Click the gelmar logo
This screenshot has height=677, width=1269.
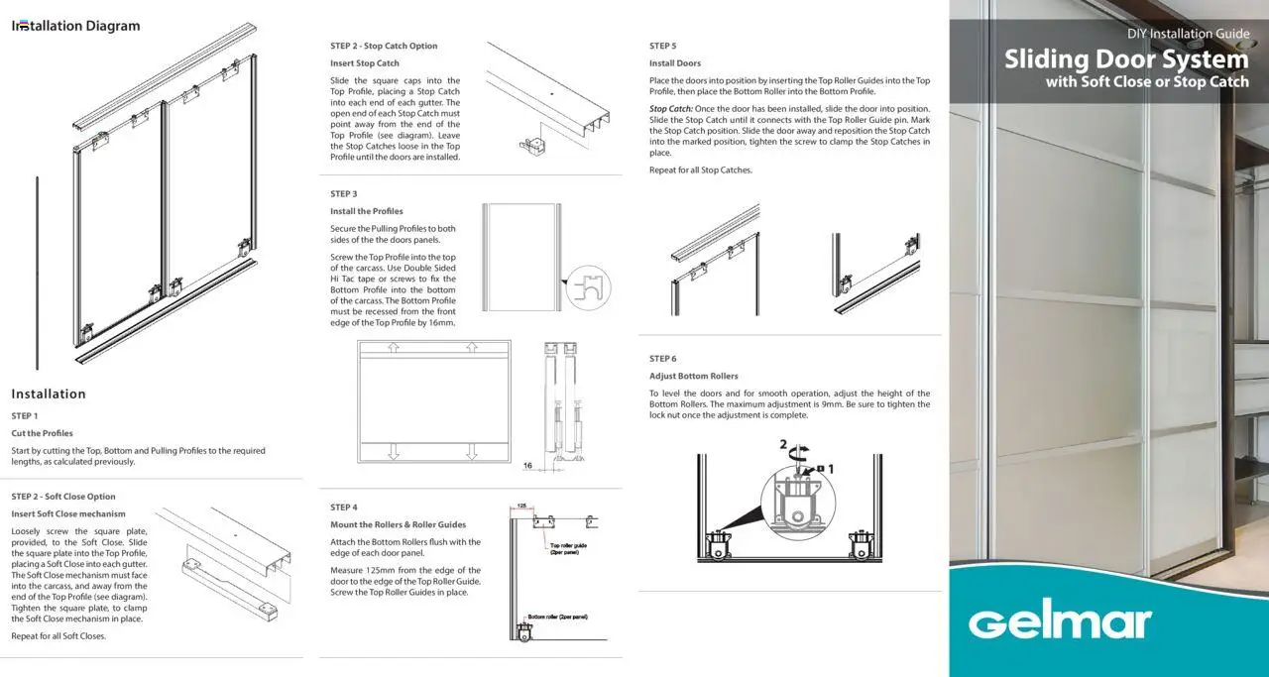[1060, 623]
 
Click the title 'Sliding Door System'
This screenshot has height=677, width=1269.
[1126, 58]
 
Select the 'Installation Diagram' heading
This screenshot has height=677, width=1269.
[75, 26]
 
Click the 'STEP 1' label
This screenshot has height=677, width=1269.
[25, 416]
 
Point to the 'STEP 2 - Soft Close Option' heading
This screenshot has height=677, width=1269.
[63, 497]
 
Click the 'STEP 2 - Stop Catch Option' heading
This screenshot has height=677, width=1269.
[384, 47]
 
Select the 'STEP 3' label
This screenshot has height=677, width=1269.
[344, 194]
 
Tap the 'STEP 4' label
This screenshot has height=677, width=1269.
[344, 508]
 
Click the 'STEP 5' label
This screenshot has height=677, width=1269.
[663, 47]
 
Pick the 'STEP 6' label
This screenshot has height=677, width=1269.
[663, 359]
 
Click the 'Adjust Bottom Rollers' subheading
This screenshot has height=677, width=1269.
[694, 377]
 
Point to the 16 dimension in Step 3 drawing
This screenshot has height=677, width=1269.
[527, 464]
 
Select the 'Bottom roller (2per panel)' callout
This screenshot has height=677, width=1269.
[557, 617]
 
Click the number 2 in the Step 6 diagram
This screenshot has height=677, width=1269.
[783, 444]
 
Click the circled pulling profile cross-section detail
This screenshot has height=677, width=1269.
[589, 286]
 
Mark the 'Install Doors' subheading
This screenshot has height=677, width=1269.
[675, 63]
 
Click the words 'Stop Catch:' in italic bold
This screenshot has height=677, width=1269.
[671, 109]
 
